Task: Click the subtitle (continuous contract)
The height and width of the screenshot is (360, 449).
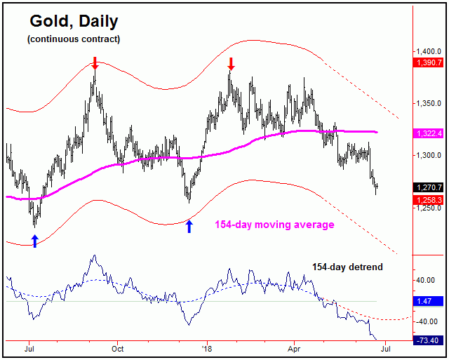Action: tap(74, 39)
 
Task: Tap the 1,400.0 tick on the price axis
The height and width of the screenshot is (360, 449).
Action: tap(426, 52)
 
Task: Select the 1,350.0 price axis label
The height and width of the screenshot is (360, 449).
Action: tap(426, 104)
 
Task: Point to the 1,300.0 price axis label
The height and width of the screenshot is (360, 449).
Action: tap(426, 156)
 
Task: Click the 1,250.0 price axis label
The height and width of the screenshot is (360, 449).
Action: tap(426, 208)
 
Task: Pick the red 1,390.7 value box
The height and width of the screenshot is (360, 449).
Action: tap(428, 62)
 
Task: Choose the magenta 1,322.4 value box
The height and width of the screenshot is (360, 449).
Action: tap(428, 133)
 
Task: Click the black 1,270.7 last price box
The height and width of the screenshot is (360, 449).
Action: tap(428, 187)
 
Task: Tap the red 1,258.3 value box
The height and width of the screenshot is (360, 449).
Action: tap(428, 200)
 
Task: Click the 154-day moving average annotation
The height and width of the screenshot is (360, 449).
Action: tap(274, 225)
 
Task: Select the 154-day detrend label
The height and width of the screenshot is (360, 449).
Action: tap(348, 267)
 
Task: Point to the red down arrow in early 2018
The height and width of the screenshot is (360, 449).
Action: tap(231, 64)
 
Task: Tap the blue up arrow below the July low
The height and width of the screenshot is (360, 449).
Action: tap(34, 241)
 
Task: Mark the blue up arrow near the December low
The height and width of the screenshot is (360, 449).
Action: tap(189, 226)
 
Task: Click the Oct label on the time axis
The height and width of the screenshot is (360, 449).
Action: tap(118, 347)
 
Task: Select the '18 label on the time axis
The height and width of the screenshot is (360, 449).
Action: tap(206, 347)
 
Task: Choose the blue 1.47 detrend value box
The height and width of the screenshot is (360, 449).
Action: tap(428, 301)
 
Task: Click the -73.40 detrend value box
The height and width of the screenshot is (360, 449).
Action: tap(428, 340)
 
